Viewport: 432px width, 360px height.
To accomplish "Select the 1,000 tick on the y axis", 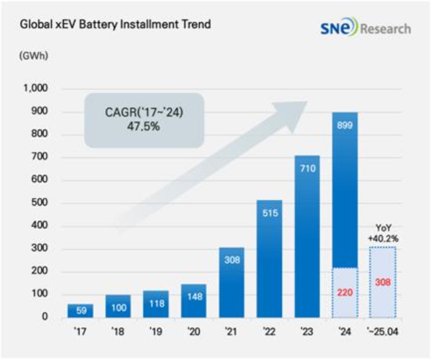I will pos(34,89).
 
